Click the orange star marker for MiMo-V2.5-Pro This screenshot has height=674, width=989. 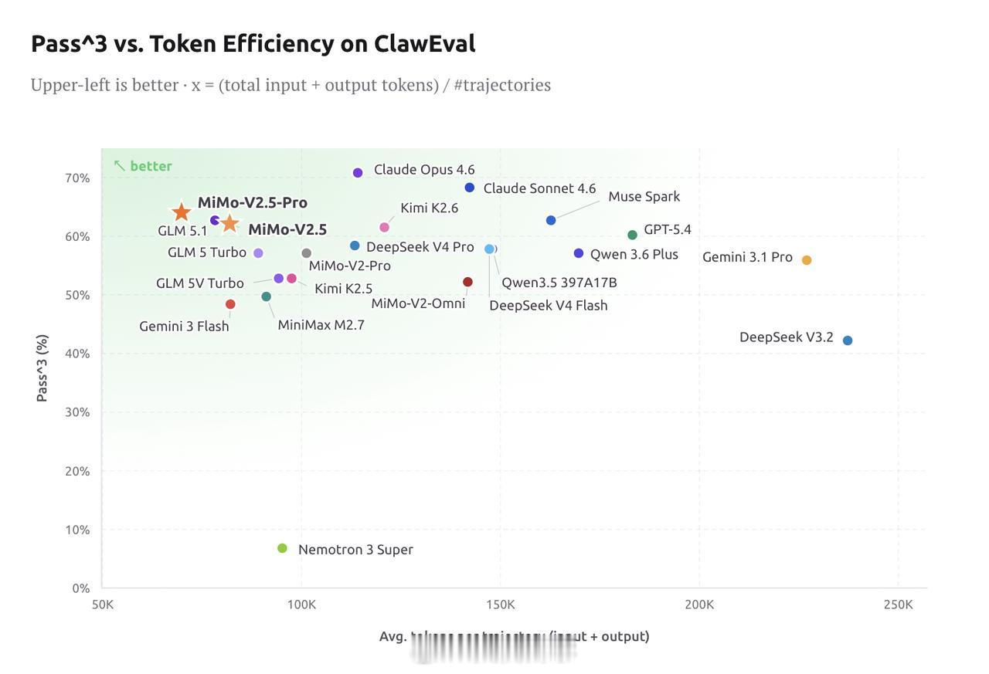[181, 212]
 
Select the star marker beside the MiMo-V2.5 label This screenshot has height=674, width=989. [229, 223]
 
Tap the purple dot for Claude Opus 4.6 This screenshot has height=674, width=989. [358, 173]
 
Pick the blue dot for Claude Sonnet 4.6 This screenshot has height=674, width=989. [470, 188]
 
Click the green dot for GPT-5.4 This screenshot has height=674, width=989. [632, 235]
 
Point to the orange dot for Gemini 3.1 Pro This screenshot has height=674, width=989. [807, 260]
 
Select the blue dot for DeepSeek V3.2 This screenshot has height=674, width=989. [848, 340]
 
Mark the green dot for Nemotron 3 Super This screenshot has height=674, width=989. [282, 548]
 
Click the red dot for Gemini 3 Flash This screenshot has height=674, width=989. [230, 304]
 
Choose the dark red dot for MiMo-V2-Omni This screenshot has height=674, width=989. [467, 282]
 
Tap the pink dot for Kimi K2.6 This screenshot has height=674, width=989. [384, 227]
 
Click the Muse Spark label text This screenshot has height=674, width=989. [644, 196]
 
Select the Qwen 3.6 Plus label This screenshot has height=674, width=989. [634, 254]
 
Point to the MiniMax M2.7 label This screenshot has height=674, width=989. [321, 325]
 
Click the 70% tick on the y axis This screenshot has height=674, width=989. [77, 178]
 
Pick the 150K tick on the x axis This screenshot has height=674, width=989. [500, 604]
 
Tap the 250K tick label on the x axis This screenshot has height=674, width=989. [898, 604]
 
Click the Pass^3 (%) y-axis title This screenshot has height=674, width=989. [42, 367]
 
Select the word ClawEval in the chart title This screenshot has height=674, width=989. [424, 43]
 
